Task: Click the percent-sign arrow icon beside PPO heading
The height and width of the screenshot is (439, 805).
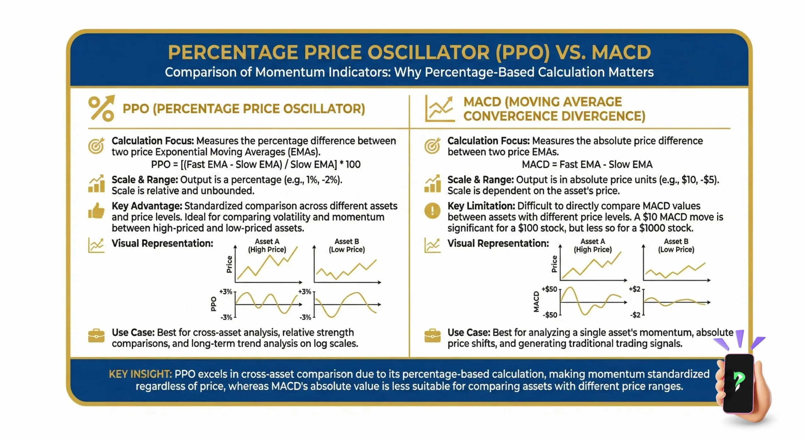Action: tap(101, 108)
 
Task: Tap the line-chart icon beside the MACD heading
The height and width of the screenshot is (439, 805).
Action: tap(440, 109)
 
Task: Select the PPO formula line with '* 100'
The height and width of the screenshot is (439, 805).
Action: tap(256, 164)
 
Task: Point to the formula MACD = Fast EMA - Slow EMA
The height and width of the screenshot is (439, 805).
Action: tap(587, 164)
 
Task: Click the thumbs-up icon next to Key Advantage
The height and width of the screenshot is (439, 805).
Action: tap(96, 211)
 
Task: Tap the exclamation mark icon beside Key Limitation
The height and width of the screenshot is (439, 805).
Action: tap(432, 211)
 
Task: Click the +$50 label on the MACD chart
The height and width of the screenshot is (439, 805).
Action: tap(549, 289)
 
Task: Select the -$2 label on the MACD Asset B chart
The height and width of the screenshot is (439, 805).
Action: tap(635, 315)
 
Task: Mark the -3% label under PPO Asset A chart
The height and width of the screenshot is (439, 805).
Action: tap(226, 317)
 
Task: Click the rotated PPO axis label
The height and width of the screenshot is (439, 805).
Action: tap(214, 304)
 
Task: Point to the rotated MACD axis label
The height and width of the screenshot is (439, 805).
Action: tap(536, 302)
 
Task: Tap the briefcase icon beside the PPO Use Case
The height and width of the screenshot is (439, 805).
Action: tap(96, 336)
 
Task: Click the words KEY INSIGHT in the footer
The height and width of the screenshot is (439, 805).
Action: tap(140, 374)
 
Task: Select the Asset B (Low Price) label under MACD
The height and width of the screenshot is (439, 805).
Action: tap(676, 246)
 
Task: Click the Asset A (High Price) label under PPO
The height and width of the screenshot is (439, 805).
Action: tap(267, 246)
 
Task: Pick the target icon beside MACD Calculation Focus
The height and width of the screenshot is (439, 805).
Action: tap(432, 146)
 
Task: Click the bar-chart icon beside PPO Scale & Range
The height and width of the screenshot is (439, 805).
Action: tap(96, 184)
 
